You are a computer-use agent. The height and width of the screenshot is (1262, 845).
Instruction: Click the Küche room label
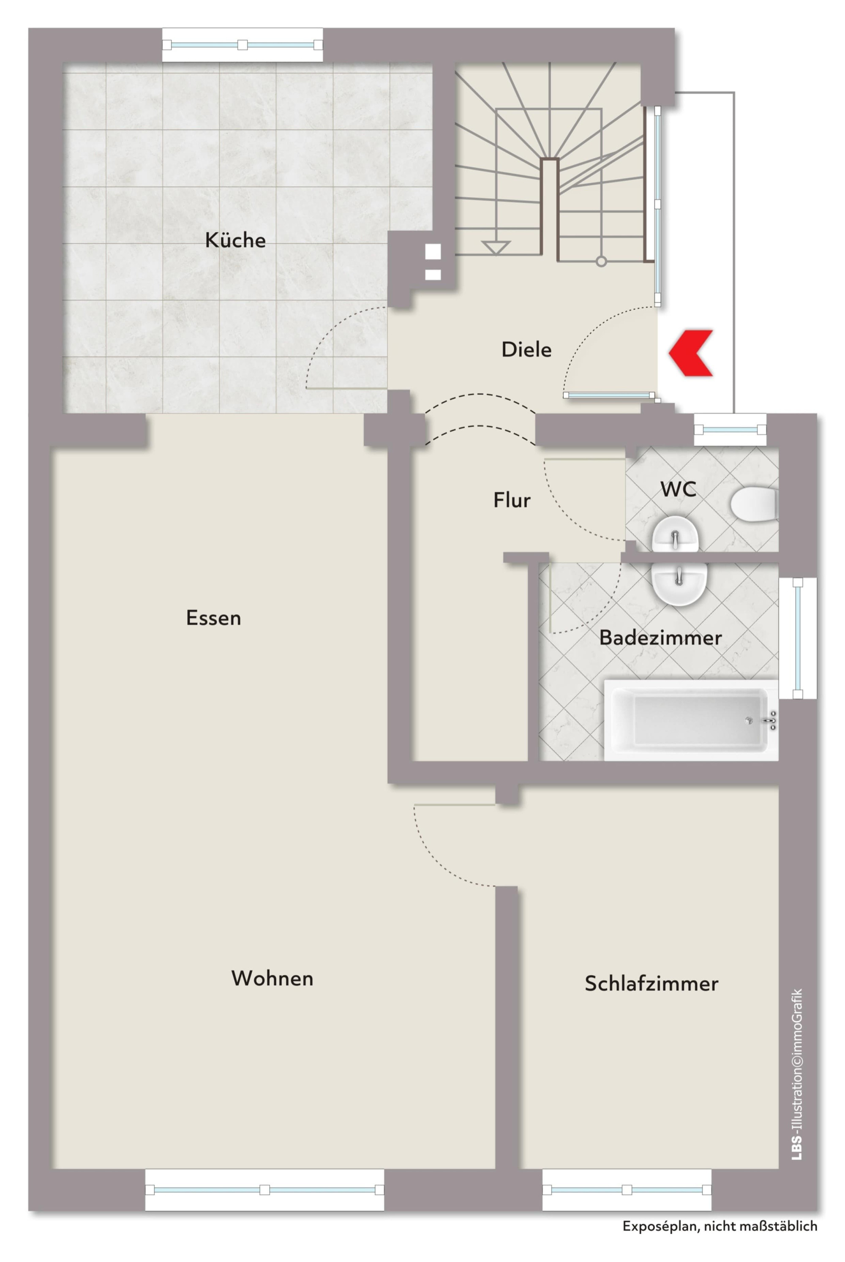tap(235, 240)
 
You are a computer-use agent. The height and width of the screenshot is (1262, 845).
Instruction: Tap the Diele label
tap(526, 350)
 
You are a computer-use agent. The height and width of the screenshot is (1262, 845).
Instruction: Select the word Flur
tap(512, 500)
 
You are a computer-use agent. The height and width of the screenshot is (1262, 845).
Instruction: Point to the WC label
tap(679, 489)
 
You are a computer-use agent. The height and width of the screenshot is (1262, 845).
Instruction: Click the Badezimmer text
tap(661, 638)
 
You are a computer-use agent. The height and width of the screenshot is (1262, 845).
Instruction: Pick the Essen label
tap(213, 618)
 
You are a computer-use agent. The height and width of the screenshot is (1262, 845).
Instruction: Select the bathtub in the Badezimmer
tap(691, 720)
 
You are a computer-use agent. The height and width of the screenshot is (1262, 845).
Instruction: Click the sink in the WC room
tap(676, 534)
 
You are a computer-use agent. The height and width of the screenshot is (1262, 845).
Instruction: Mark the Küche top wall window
tap(243, 45)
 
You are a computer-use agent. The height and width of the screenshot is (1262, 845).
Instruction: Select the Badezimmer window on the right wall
tap(798, 638)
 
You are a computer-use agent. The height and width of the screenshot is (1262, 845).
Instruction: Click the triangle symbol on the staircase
tap(496, 247)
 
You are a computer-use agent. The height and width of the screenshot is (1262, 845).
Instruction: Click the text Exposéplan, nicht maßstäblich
tap(720, 1226)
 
